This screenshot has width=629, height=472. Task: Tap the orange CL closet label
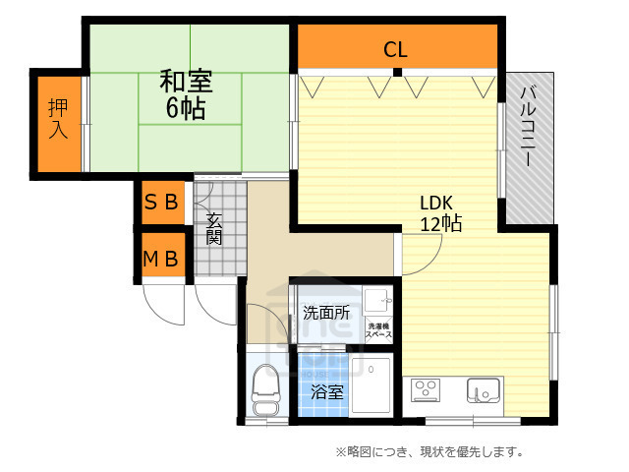tap(395, 48)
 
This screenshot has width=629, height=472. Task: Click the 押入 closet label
tap(59, 118)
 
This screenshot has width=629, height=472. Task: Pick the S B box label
tap(161, 205)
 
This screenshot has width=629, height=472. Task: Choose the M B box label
tap(161, 260)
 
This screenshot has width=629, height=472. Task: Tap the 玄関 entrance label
tap(213, 229)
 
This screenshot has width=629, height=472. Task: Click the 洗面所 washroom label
tap(325, 314)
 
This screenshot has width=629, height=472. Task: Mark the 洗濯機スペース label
tap(378, 330)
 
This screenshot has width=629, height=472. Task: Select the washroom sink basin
tap(377, 299)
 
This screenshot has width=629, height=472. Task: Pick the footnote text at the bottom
tap(429, 452)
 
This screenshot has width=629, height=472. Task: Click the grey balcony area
tap(531, 147)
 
